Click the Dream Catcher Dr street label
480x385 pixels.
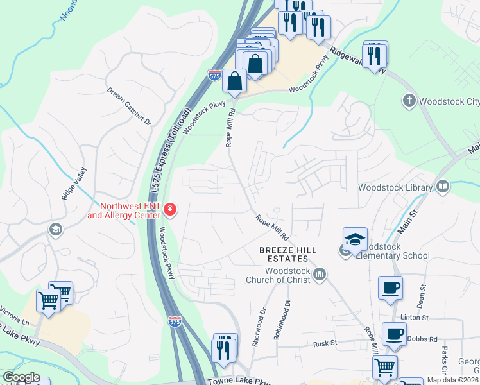pos(129,107)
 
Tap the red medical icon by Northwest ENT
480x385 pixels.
pos(169,209)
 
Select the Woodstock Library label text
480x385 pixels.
pos(395,187)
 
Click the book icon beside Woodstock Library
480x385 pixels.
pos(442,187)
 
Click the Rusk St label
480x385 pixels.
pos(325,344)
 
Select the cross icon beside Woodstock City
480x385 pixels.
pos(408,101)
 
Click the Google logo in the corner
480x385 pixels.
pos(21,377)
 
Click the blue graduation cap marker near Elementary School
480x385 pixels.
pos(355,239)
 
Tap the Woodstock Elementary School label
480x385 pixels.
pos(393,251)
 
